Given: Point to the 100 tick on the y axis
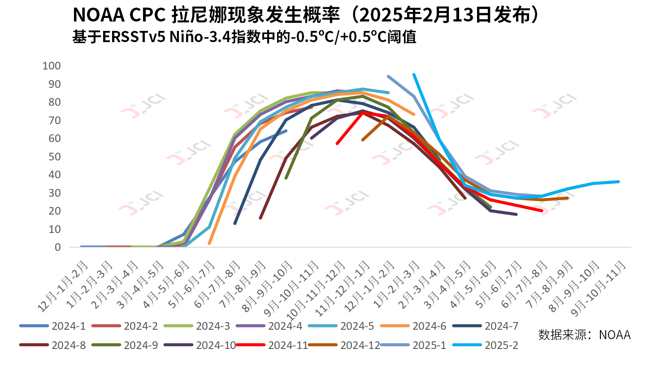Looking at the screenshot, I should pyautogui.click(x=51, y=66).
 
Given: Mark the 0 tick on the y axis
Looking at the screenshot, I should pyautogui.click(x=57, y=247).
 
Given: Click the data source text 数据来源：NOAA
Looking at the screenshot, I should pyautogui.click(x=584, y=335).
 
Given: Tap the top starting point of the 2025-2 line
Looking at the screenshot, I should pyautogui.click(x=414, y=74).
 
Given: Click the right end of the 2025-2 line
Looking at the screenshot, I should pyautogui.click(x=619, y=181).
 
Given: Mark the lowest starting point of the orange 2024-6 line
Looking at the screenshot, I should pyautogui.click(x=209, y=243).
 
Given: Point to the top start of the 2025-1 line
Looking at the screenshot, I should pyautogui.click(x=388, y=76).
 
